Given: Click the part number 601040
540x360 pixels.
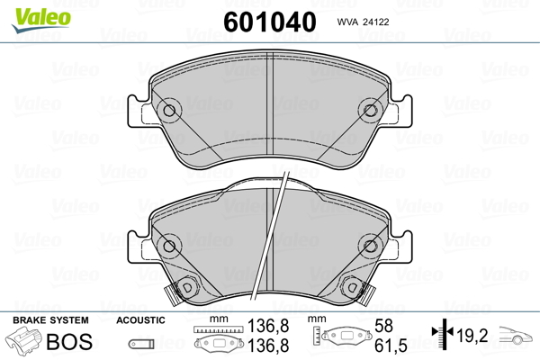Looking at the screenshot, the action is [270, 22].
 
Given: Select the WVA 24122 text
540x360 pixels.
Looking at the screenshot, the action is [363, 22].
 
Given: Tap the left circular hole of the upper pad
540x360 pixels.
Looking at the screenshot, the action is [169, 111].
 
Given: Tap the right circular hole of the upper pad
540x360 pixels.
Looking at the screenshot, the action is [370, 111].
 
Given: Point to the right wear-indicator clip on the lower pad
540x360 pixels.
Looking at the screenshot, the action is [366, 295].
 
